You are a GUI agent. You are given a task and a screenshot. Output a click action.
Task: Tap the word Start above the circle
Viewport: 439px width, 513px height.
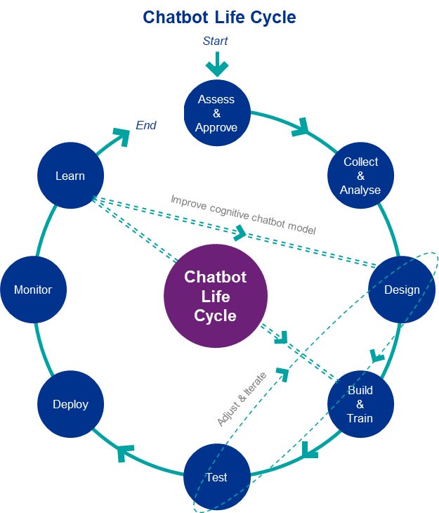(216, 41)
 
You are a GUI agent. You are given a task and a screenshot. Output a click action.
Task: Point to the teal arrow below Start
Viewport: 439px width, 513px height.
(217, 65)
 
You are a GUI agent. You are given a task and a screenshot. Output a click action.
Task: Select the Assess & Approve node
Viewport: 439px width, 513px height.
(216, 113)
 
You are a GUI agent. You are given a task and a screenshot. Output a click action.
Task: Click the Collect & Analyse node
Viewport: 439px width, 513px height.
(360, 176)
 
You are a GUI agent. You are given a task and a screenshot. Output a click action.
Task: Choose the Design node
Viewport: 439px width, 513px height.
(402, 290)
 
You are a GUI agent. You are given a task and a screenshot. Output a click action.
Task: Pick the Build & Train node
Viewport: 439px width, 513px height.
(360, 404)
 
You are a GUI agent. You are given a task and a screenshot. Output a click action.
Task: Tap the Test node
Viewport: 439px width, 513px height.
(216, 477)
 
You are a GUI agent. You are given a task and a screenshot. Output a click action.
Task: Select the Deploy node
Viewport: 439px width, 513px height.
(70, 404)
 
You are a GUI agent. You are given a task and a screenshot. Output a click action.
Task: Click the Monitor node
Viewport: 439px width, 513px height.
(33, 290)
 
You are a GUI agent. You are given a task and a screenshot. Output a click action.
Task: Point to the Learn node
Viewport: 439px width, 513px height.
(70, 176)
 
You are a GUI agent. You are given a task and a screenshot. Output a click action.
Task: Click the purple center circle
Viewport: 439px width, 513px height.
(216, 296)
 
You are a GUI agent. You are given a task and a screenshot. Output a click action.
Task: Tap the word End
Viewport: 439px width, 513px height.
(146, 126)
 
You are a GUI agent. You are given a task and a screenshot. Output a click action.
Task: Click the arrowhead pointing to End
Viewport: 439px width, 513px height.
(122, 136)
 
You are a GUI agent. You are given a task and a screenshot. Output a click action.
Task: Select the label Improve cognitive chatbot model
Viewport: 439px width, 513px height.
(243, 214)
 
